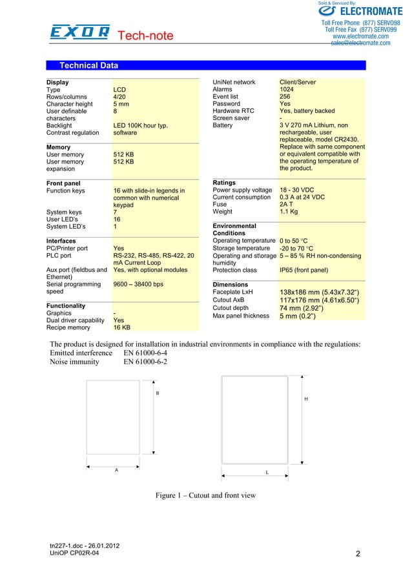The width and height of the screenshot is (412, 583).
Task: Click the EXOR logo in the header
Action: pos(79,33)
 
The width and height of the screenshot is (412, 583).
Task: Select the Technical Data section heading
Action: pos(88,65)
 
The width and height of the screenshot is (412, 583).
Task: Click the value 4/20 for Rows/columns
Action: pos(119,97)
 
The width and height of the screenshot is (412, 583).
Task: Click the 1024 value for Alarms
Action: pos(288,90)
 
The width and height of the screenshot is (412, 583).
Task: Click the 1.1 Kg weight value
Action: pos(289,211)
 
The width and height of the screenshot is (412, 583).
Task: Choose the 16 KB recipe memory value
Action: pos(121,327)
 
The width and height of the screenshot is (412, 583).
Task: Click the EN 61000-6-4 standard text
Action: pos(145,353)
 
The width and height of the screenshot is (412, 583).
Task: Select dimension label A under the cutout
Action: pos(116,469)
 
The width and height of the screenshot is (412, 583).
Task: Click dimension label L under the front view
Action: pos(266,473)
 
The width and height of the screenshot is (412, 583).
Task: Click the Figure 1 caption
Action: pos(205,496)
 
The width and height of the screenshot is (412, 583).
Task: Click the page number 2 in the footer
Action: pos(358,554)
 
